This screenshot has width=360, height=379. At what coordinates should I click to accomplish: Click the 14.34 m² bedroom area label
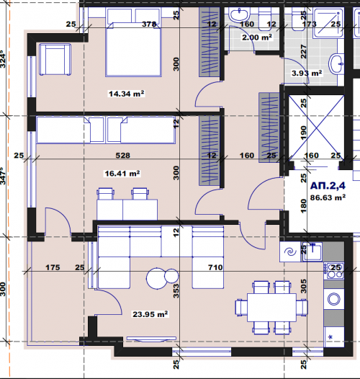click(x=127, y=94)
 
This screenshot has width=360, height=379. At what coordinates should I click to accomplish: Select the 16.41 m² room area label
click(x=122, y=174)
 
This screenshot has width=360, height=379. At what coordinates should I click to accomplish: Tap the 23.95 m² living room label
click(x=150, y=314)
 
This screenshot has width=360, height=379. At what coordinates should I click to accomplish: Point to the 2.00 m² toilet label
click(x=257, y=37)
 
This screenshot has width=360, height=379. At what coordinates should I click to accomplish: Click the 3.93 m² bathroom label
click(x=307, y=73)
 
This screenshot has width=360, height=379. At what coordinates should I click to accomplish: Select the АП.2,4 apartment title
click(x=328, y=186)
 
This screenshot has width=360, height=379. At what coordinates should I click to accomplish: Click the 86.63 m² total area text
click(x=328, y=197)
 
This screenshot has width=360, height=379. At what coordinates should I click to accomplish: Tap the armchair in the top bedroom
click(x=55, y=60)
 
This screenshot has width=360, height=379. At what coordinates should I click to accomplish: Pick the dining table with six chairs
click(x=271, y=308)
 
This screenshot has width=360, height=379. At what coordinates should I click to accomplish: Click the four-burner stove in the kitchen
click(x=334, y=271)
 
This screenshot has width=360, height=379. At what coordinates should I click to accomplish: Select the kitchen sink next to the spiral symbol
click(x=312, y=252)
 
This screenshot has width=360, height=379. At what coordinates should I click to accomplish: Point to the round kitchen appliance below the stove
click(x=334, y=299)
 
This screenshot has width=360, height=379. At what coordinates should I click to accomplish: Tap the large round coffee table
click(x=157, y=278)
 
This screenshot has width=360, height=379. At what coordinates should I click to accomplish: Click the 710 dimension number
click(x=215, y=267)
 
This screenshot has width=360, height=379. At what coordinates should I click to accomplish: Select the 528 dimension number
click(x=122, y=155)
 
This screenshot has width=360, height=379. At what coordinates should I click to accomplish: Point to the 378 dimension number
click(x=149, y=24)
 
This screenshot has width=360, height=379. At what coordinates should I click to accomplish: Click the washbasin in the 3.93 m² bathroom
click(x=336, y=64)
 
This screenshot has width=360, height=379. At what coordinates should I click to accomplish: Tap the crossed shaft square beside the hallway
click(x=316, y=128)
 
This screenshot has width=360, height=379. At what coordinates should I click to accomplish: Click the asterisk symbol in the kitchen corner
click(x=330, y=337)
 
